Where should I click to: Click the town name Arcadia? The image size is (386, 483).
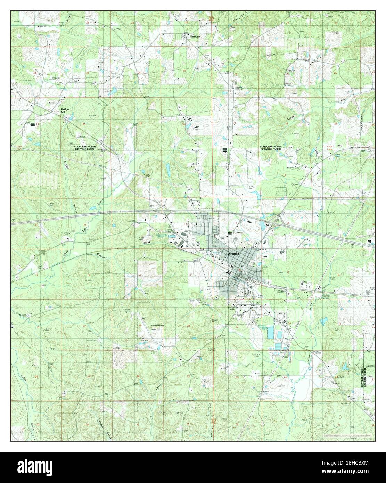pyautogui.click(x=233, y=254)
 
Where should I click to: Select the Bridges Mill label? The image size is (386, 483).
pyautogui.click(x=66, y=111)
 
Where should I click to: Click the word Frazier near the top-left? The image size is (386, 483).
pyautogui.click(x=42, y=26)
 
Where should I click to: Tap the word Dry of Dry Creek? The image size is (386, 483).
pyautogui.click(x=151, y=418)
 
